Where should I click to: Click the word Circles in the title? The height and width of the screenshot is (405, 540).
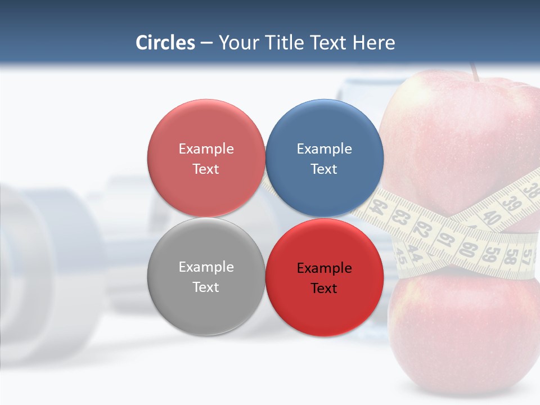[165, 43]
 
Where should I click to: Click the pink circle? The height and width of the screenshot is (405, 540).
[206, 158]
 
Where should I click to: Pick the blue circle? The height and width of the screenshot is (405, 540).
[324, 158]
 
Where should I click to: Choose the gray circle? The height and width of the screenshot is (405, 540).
[206, 276]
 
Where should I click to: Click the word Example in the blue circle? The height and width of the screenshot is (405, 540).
[324, 148]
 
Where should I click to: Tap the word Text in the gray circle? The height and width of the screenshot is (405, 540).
[206, 287]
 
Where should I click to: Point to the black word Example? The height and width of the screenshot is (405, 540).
[324, 268]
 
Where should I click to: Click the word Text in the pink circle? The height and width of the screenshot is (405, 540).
[206, 169]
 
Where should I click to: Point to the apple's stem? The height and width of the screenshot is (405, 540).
[475, 72]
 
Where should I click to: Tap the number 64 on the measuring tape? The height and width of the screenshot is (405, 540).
[380, 207]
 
